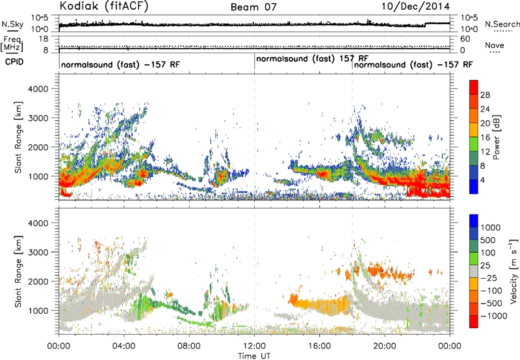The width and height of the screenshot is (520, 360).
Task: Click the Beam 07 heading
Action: coord(253,7)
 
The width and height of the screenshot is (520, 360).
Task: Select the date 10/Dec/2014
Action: coord(415,6)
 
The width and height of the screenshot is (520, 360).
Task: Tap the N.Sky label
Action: coord(12,24)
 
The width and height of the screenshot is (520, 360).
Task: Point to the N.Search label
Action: coord(502,24)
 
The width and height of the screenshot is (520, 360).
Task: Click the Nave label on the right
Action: coord(495,45)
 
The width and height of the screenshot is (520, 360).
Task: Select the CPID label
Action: coord(14,62)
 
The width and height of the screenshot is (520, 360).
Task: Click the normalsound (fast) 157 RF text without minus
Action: coord(312,59)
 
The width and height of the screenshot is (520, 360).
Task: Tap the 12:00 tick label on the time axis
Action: coord(254,346)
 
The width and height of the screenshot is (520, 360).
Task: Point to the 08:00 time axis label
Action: coord(189,346)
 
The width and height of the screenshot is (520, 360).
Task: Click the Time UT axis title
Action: coord(254,356)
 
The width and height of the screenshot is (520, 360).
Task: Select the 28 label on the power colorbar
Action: coord(485,95)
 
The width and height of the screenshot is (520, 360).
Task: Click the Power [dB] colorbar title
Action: coord(497,137)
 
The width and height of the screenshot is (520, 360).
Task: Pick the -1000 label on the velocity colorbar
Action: coord(494,316)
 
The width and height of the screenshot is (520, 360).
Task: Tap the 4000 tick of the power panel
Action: coord(38,89)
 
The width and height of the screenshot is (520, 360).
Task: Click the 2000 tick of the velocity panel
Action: coord(38,281)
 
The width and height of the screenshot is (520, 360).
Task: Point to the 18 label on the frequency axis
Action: coord(44,39)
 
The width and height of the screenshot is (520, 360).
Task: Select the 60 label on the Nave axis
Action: coord(465,39)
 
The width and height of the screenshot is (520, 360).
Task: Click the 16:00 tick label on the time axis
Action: coord(319,346)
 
